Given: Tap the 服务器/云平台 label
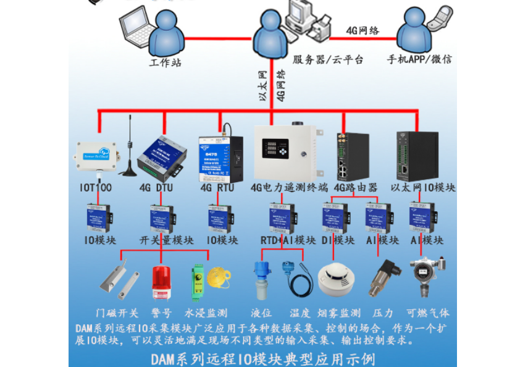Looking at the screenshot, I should click(x=328, y=60).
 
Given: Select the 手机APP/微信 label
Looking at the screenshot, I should click(x=419, y=60).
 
